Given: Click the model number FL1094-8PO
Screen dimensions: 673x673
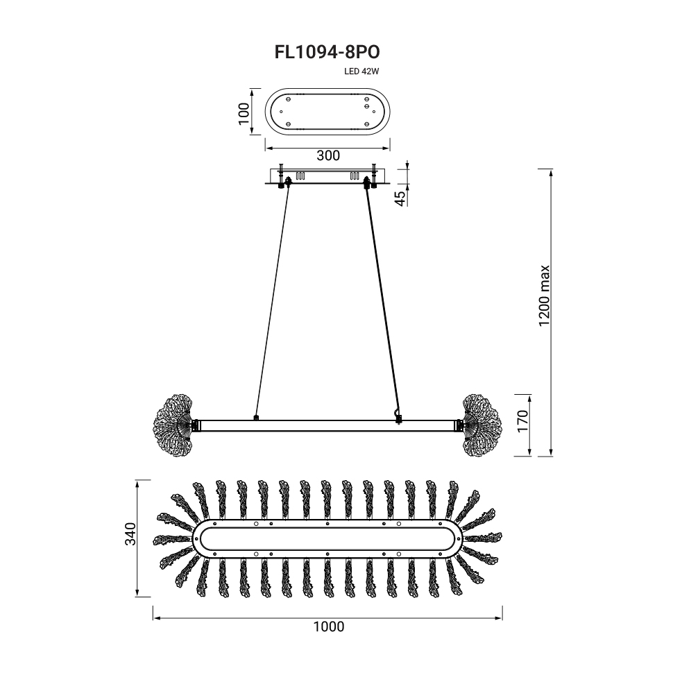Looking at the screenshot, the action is coord(327,52).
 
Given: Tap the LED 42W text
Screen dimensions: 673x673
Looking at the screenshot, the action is coord(361,71).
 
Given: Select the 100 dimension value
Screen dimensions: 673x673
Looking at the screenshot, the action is coord(244,113).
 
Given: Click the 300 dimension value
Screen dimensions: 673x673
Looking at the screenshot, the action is coord(328,155).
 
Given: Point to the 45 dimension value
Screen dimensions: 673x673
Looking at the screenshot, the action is coord(400,198).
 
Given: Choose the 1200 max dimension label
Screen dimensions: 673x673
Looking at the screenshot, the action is coord(544,296).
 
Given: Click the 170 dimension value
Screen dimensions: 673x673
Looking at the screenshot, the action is coord(522,421).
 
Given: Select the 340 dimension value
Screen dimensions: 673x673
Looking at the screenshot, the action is coord(130,534).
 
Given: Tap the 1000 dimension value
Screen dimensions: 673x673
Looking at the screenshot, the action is coord(328,627).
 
